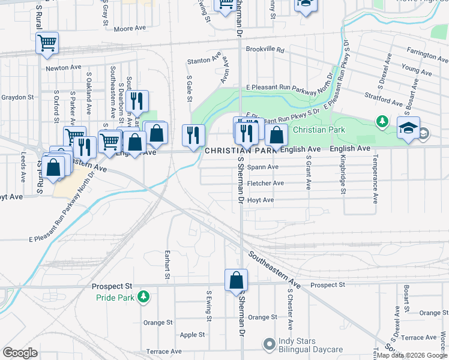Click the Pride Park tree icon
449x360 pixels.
pyautogui.click(x=143, y=296)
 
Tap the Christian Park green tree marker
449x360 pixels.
pyautogui.click(x=382, y=122)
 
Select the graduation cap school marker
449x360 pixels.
pyautogui.click(x=408, y=128)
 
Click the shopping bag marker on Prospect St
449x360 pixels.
pyautogui.click(x=237, y=280)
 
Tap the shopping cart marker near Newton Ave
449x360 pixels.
pyautogui.click(x=47, y=43)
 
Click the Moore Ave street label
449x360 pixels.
pyautogui.click(x=130, y=28)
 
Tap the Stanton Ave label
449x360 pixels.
pyautogui.click(x=200, y=61)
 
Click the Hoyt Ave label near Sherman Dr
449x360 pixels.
pyautogui.click(x=260, y=200)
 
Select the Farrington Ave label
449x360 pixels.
pyautogui.click(x=427, y=55)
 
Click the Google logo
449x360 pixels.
pyautogui.click(x=20, y=353)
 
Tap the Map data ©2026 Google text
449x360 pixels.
pyautogui.click(x=411, y=355)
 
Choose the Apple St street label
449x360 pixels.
pyautogui.click(x=192, y=335)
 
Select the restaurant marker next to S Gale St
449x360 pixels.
pyautogui.click(x=193, y=134)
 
